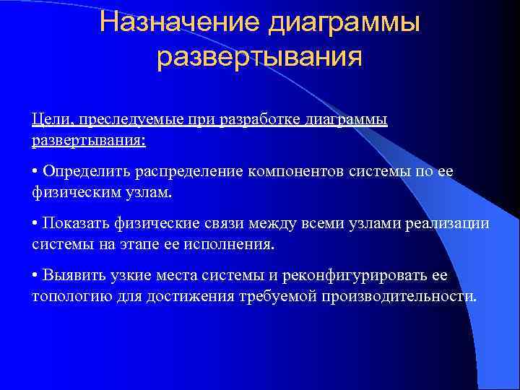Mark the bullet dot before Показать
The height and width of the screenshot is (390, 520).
click(35, 224)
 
